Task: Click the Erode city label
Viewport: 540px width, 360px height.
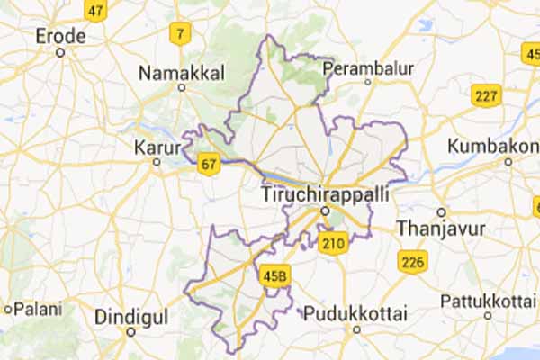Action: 60,36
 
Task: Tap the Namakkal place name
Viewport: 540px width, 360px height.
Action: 183,72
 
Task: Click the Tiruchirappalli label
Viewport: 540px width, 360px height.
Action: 325,194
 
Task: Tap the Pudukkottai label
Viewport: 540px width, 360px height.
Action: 355,314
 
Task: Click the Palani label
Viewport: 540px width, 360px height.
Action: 32,309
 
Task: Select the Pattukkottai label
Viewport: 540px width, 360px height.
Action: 489,300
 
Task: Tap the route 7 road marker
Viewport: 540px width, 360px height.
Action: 182,35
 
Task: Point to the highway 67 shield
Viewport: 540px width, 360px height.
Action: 209,164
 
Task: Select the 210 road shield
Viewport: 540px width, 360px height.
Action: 335,243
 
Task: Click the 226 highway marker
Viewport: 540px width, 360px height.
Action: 413,262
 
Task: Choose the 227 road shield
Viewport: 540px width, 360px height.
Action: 486,94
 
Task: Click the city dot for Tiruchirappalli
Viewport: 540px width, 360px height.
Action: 325,211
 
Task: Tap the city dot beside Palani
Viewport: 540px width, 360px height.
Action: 7,309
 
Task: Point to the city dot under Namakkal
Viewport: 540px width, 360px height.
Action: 182,88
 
